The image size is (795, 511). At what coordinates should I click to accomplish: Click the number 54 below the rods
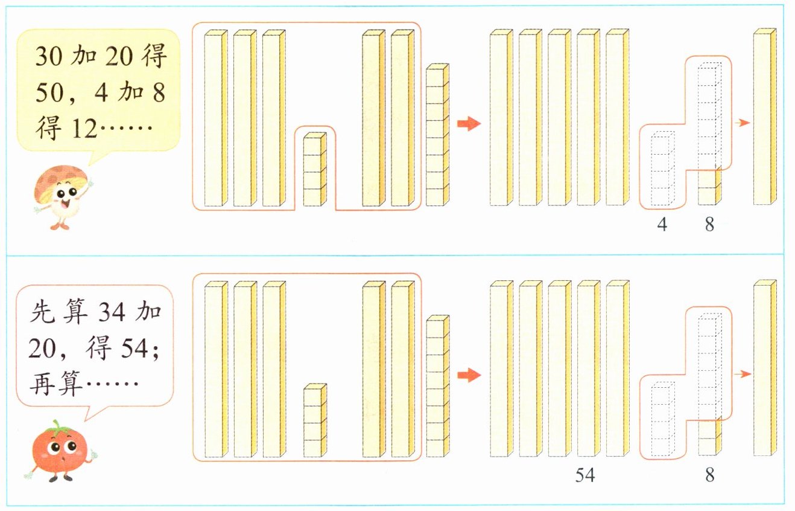[x=584, y=475]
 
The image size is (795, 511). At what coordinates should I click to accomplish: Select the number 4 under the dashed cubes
[x=662, y=225]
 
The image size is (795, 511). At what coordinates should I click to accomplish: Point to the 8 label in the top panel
[x=709, y=225]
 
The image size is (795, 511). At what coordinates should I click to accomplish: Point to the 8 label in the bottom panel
[x=709, y=475]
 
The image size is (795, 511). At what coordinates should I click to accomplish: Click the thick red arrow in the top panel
[x=469, y=124]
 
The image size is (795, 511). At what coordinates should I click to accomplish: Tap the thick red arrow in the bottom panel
[x=469, y=375]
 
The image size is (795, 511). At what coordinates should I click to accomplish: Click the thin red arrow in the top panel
[x=743, y=123]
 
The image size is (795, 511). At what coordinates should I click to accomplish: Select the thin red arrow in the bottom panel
[x=743, y=374]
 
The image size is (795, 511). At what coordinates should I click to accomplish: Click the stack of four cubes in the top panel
[x=314, y=170]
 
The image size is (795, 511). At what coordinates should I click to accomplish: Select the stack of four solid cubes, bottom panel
[x=314, y=420]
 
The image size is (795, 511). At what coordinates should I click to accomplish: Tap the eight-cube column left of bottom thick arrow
[x=437, y=386]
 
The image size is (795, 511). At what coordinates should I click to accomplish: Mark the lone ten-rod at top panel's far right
[x=765, y=117]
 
